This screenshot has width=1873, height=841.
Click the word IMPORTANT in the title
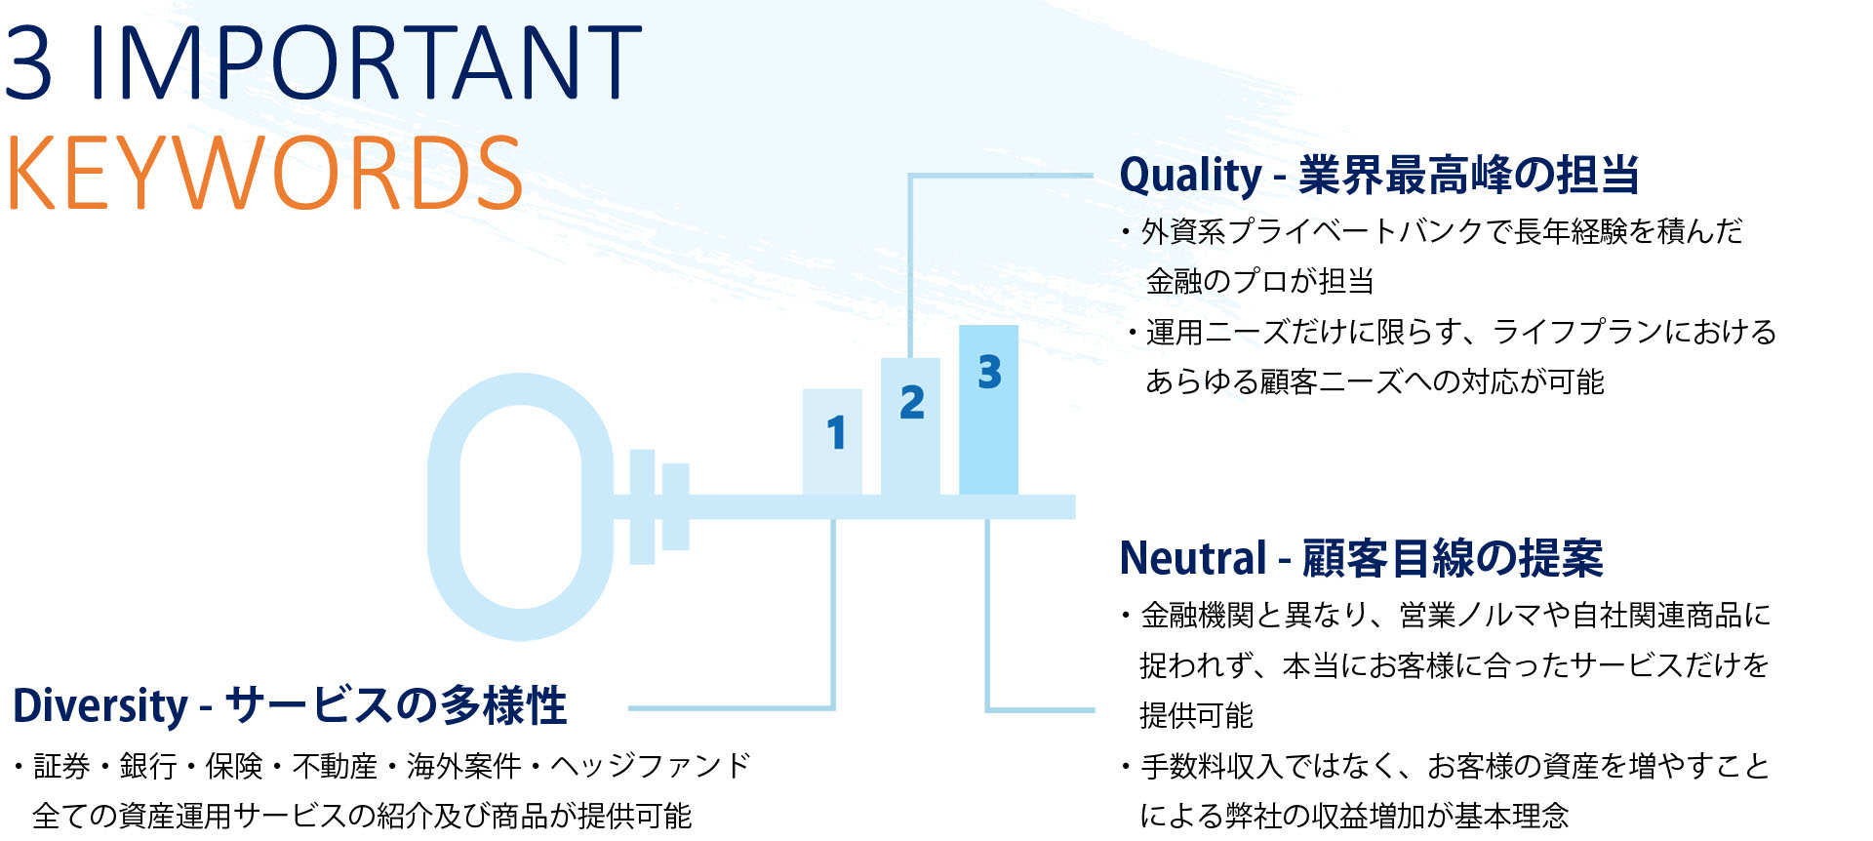pyautogui.click(x=366, y=63)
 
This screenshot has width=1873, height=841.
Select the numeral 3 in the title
pyautogui.click(x=28, y=63)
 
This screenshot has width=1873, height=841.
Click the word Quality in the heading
pyautogui.click(x=1190, y=176)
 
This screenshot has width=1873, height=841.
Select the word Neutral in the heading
pyautogui.click(x=1192, y=558)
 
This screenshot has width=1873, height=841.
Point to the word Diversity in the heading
pyautogui.click(x=100, y=705)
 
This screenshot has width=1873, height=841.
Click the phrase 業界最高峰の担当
pyautogui.click(x=1468, y=176)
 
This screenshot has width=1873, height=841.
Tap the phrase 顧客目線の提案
pyautogui.click(x=1453, y=558)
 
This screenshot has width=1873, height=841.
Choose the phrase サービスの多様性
pyautogui.click(x=396, y=705)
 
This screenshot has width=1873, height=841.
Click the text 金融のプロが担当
pyautogui.click(x=1259, y=281)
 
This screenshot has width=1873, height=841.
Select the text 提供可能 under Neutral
pyautogui.click(x=1196, y=715)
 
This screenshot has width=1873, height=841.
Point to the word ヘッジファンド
pyautogui.click(x=650, y=766)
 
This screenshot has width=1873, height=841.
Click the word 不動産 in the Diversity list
pyautogui.click(x=335, y=766)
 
